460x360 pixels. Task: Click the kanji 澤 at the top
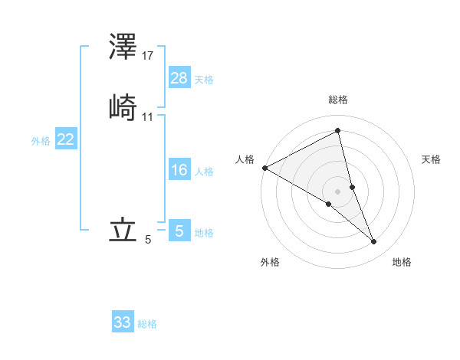[x=123, y=47]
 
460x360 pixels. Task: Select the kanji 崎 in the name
[x=123, y=107]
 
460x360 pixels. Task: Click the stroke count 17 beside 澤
[x=148, y=56]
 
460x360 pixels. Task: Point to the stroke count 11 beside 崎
[x=148, y=117]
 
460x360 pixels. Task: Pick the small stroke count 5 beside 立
[x=148, y=240]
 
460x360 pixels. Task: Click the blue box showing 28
[x=179, y=77]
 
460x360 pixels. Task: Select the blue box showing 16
[x=179, y=170]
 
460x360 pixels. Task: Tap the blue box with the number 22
[x=66, y=139]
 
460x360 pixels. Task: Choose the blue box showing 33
[x=123, y=322]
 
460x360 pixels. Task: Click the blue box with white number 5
[x=179, y=231]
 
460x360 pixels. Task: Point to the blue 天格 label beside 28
[x=204, y=80]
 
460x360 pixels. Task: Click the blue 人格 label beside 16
[x=204, y=172]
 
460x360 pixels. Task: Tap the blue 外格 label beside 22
[x=41, y=141]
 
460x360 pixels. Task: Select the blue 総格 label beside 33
[x=147, y=324]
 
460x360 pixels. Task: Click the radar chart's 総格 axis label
[x=338, y=100]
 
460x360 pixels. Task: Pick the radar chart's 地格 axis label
[x=402, y=262]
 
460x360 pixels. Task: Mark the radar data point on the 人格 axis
[x=264, y=168]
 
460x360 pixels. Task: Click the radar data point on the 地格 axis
[x=374, y=242]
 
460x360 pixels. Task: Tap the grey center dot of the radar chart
[x=338, y=191]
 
